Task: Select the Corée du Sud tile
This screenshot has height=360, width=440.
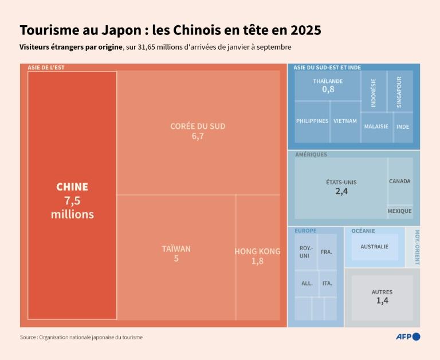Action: pyautogui.click(x=198, y=132)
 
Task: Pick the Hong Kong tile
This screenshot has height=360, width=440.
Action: pyautogui.click(x=257, y=256)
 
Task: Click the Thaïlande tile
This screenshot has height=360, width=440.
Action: pyautogui.click(x=327, y=85)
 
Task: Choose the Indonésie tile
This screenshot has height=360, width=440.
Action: pyautogui.click(x=374, y=92)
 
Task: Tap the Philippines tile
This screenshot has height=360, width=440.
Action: pyautogui.click(x=312, y=121)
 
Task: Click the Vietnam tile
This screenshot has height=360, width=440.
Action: pyautogui.click(x=345, y=121)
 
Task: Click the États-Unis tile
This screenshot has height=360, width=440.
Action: pyautogui.click(x=341, y=187)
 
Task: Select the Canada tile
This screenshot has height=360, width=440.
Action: pyautogui.click(x=400, y=181)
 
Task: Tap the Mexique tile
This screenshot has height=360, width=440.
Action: pyautogui.click(x=400, y=211)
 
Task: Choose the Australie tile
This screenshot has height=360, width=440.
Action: pyautogui.click(x=374, y=247)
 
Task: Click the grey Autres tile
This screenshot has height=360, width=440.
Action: pyautogui.click(x=382, y=296)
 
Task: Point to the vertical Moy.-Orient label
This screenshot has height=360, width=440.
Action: pyautogui.click(x=417, y=247)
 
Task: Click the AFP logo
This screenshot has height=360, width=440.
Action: pyautogui.click(x=408, y=337)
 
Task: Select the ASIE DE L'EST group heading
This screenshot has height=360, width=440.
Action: pyautogui.click(x=46, y=68)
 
